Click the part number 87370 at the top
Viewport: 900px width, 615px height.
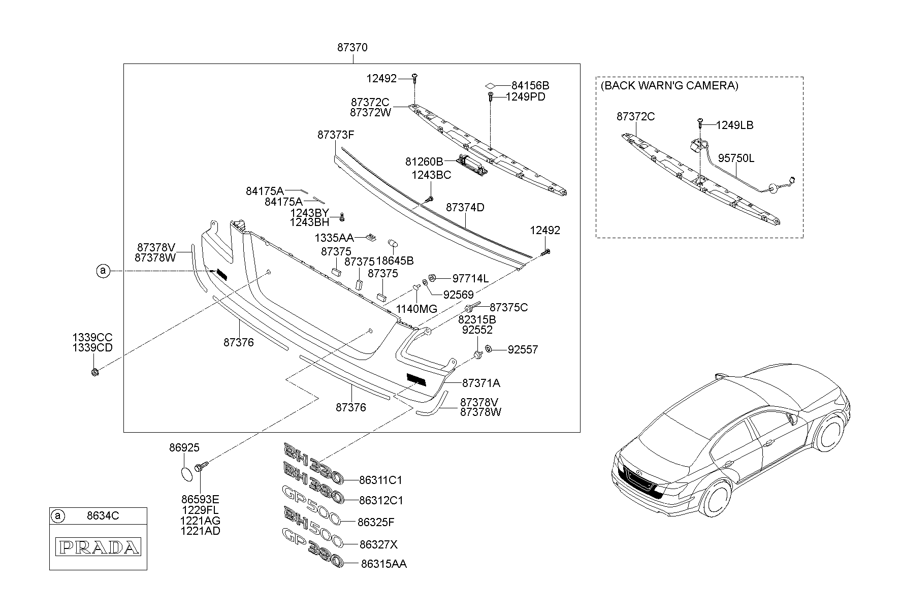click(352, 48)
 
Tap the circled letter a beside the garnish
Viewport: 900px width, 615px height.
click(103, 271)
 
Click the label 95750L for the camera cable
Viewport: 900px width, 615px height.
click(736, 158)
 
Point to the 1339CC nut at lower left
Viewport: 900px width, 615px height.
click(95, 373)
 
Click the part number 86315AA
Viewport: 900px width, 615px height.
click(383, 564)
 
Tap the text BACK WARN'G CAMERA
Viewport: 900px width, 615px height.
click(669, 86)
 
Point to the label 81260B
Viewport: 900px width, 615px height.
click(424, 161)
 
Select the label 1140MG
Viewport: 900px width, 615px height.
click(416, 309)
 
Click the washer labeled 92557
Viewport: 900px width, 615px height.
click(488, 349)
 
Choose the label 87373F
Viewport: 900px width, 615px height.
click(336, 135)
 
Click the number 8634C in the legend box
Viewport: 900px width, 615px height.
click(103, 516)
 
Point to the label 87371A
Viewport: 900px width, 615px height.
click(481, 383)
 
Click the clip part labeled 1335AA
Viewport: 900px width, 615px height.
click(372, 236)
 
